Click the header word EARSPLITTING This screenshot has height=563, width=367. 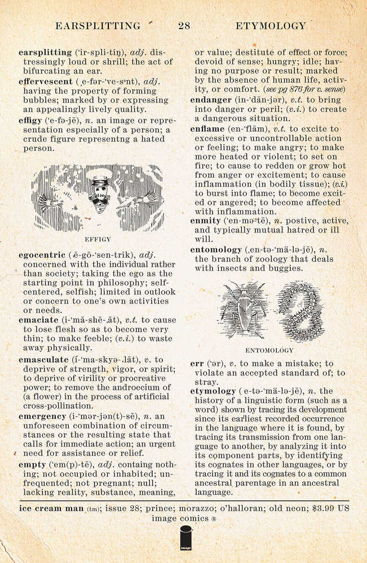(98, 25)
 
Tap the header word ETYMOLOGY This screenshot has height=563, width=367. (271, 25)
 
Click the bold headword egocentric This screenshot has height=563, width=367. (42, 255)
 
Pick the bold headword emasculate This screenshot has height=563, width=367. (43, 359)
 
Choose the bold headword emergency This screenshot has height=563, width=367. (43, 415)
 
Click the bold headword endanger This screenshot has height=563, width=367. (211, 100)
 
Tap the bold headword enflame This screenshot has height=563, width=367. (207, 129)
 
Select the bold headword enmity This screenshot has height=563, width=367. (206, 221)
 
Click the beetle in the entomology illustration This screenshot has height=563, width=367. (244, 310)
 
